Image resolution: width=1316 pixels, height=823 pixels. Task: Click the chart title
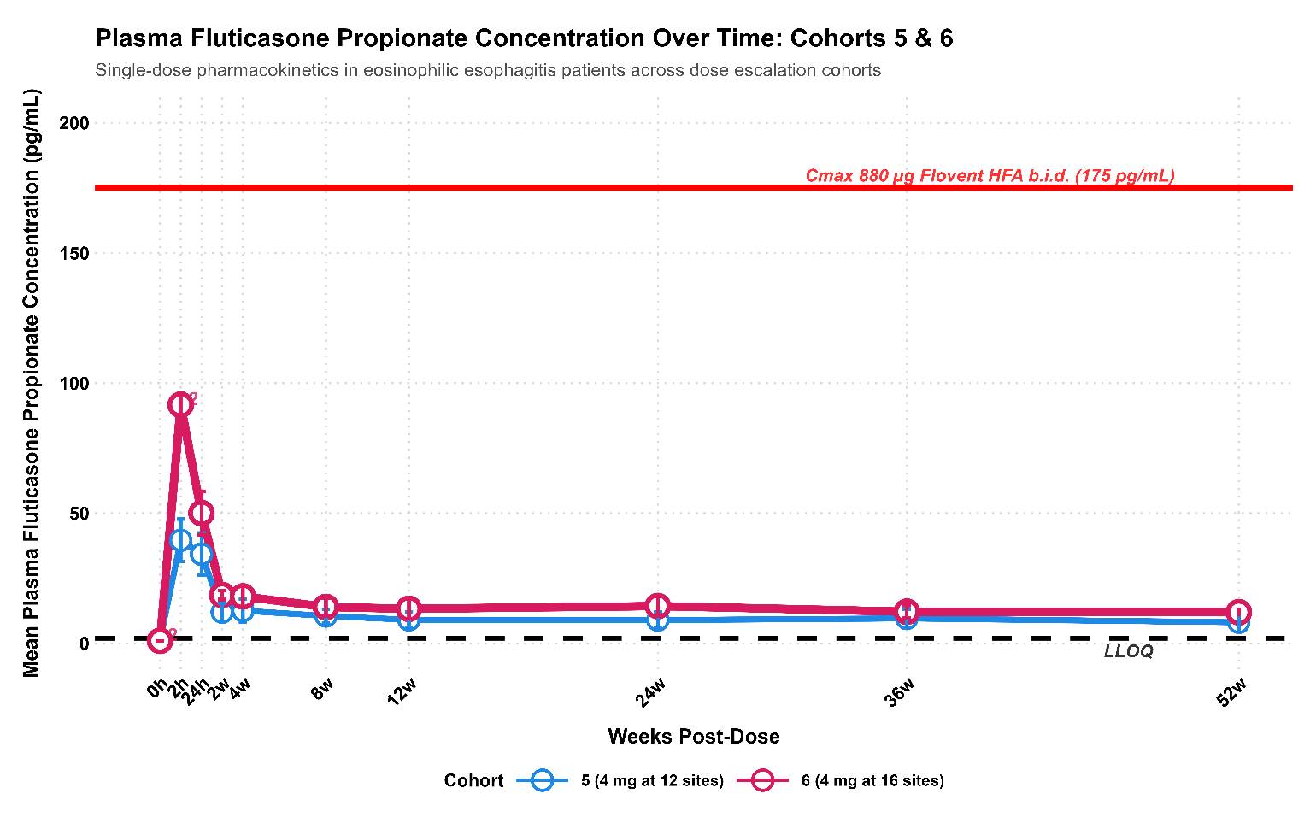coord(524,38)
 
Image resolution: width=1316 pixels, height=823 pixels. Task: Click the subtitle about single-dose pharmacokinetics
coord(488,70)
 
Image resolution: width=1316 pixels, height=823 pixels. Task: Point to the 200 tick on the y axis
coord(74,123)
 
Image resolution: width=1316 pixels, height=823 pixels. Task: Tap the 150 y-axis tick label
coord(74,253)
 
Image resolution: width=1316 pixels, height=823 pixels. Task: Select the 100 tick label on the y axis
coord(74,383)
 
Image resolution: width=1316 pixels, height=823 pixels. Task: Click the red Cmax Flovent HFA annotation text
coord(990,176)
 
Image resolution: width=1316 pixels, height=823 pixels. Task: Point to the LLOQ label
coord(1128,651)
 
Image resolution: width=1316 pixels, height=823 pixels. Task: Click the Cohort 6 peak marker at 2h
coord(180,404)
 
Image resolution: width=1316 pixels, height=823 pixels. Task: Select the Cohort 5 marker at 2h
coord(180,540)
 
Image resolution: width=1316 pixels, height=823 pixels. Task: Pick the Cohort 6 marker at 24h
coord(201,513)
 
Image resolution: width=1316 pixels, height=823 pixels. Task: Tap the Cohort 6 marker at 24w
coord(658,606)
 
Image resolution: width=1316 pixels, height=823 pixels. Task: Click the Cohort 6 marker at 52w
coord(1239,612)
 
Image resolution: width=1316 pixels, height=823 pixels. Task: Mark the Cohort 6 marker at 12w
coord(409,608)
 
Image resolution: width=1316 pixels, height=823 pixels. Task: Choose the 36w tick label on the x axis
coord(901,692)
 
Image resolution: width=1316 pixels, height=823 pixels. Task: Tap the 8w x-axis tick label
coord(322,689)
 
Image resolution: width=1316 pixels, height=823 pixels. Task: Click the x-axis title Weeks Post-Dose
coord(694,737)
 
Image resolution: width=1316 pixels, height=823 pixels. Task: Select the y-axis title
coord(32,383)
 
